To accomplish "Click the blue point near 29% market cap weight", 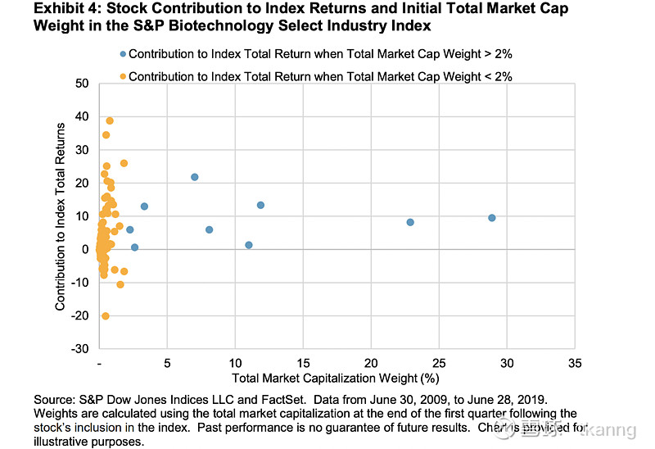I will click(491, 218).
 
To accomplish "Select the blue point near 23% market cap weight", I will click(410, 222).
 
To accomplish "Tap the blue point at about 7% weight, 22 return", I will click(195, 177).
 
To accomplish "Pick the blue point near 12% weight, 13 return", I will click(260, 205).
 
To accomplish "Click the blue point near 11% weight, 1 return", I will click(248, 245).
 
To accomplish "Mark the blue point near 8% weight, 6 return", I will click(209, 229).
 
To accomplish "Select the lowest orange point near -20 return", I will click(106, 315).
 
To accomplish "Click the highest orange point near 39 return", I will click(110, 120).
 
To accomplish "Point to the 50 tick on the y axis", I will click(82, 84).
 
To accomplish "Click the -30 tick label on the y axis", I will click(79, 349).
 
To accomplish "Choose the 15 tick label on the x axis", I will click(303, 363).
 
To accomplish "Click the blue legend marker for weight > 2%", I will click(123, 54).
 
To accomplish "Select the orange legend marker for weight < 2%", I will click(123, 75).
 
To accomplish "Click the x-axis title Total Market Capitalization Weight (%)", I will click(336, 378).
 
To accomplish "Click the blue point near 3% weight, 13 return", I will click(144, 206).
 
